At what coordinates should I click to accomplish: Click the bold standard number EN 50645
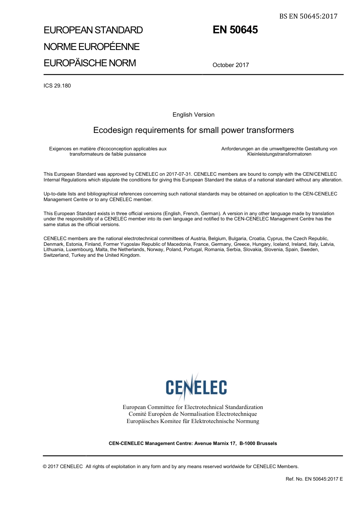235,30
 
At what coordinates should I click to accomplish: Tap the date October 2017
230,65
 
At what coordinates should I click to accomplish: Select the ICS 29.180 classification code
57,86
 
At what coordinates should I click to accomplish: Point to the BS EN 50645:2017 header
308,16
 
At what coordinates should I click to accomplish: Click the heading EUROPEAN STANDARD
93,30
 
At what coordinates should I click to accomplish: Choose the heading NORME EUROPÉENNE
91,47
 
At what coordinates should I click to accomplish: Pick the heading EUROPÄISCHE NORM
89,63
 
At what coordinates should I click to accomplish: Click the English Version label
193,115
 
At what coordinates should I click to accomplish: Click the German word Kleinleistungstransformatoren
279,154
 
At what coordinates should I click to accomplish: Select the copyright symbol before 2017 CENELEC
45,467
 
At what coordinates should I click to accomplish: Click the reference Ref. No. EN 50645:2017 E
314,479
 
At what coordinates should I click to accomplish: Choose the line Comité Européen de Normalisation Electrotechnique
193,414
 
